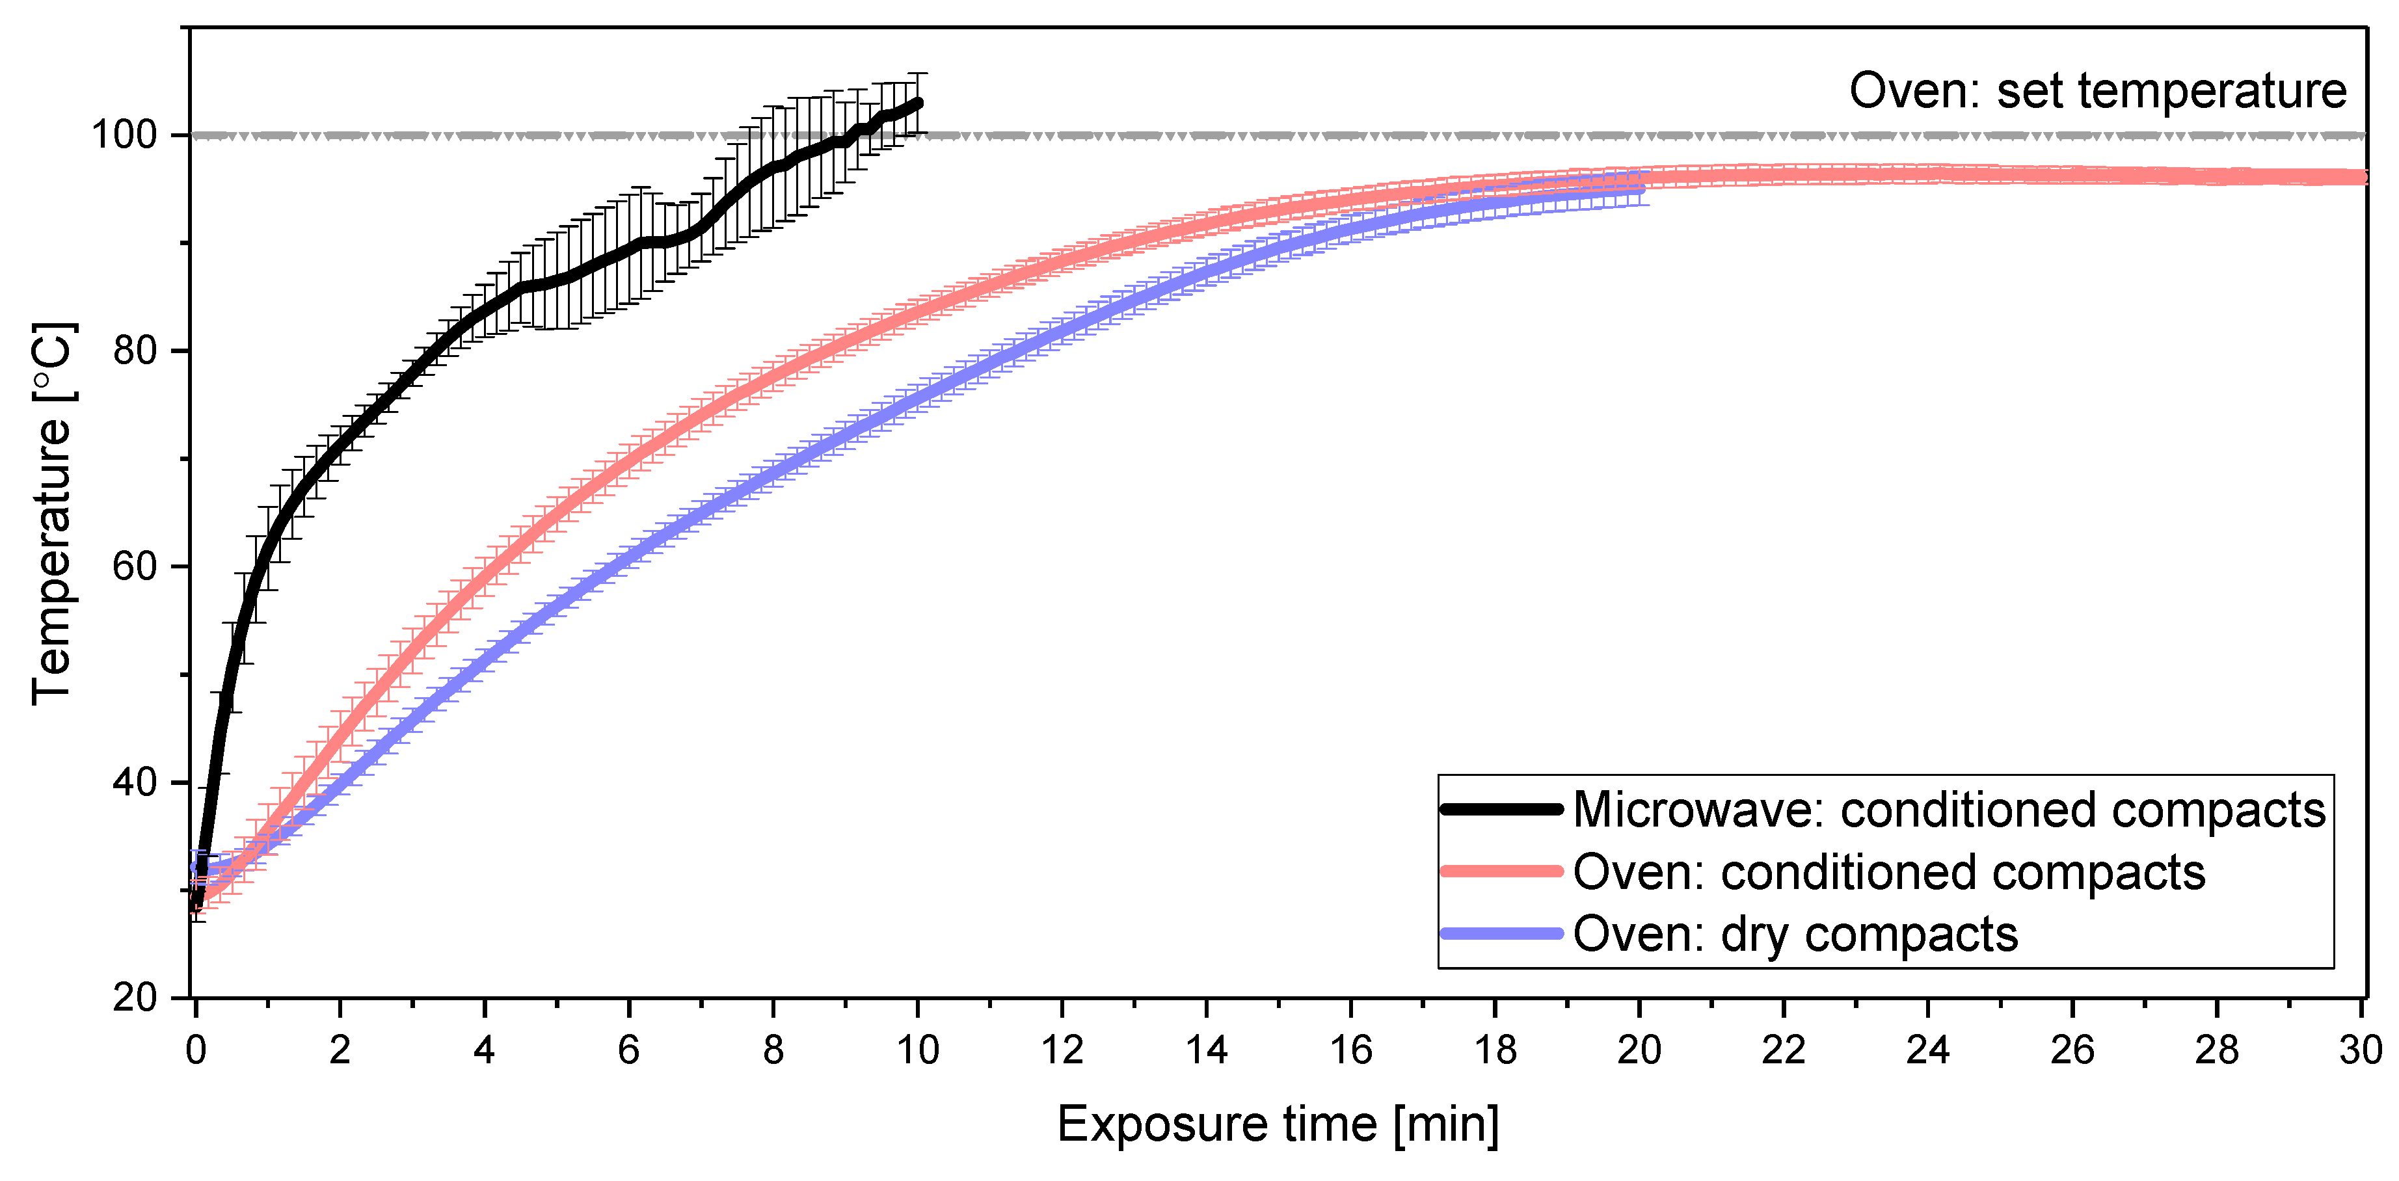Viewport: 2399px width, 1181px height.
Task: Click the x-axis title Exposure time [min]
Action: coord(1278,1124)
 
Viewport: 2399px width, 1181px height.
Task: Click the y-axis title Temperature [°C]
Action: coord(52,514)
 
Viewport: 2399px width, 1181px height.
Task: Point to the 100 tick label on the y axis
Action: coord(123,135)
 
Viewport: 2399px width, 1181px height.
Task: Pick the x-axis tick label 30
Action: coord(2360,1050)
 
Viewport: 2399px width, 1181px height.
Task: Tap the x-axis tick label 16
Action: coord(1350,1050)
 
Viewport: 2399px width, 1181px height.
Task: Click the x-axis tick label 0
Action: coord(196,1050)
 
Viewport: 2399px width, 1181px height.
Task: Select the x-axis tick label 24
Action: coord(1927,1050)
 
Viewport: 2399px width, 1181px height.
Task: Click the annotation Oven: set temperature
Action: coord(2097,91)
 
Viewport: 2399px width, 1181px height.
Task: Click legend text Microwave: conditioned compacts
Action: coord(1948,810)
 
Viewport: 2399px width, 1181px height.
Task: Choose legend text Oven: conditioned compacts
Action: coord(1888,873)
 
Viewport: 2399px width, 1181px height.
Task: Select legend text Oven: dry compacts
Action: coord(1795,934)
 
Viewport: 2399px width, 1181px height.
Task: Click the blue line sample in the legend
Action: coord(1500,933)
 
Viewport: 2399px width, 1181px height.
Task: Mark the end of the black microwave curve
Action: coord(918,103)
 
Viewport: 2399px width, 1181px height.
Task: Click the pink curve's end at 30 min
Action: coord(2362,177)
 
